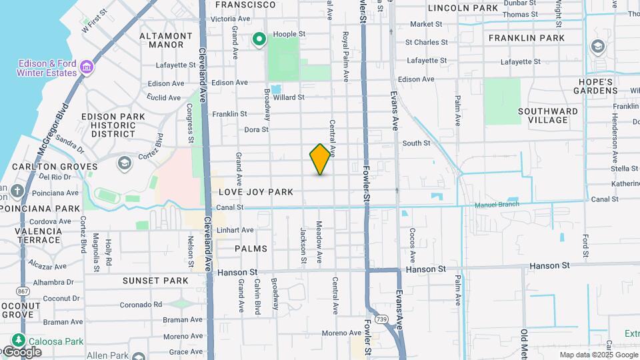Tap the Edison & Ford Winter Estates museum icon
(x=86, y=67)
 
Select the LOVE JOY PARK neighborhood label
(x=256, y=192)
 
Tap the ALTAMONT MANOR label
(x=161, y=40)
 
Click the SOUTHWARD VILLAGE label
(x=547, y=115)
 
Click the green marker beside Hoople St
(x=259, y=40)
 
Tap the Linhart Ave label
(x=235, y=230)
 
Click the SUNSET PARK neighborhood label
(x=155, y=281)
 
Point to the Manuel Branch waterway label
(x=497, y=205)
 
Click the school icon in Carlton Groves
(x=124, y=163)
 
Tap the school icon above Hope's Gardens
(x=597, y=47)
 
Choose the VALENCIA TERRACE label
(x=37, y=235)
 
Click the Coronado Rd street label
(x=141, y=305)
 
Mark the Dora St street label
(x=256, y=130)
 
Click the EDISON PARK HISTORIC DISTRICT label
(x=113, y=125)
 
